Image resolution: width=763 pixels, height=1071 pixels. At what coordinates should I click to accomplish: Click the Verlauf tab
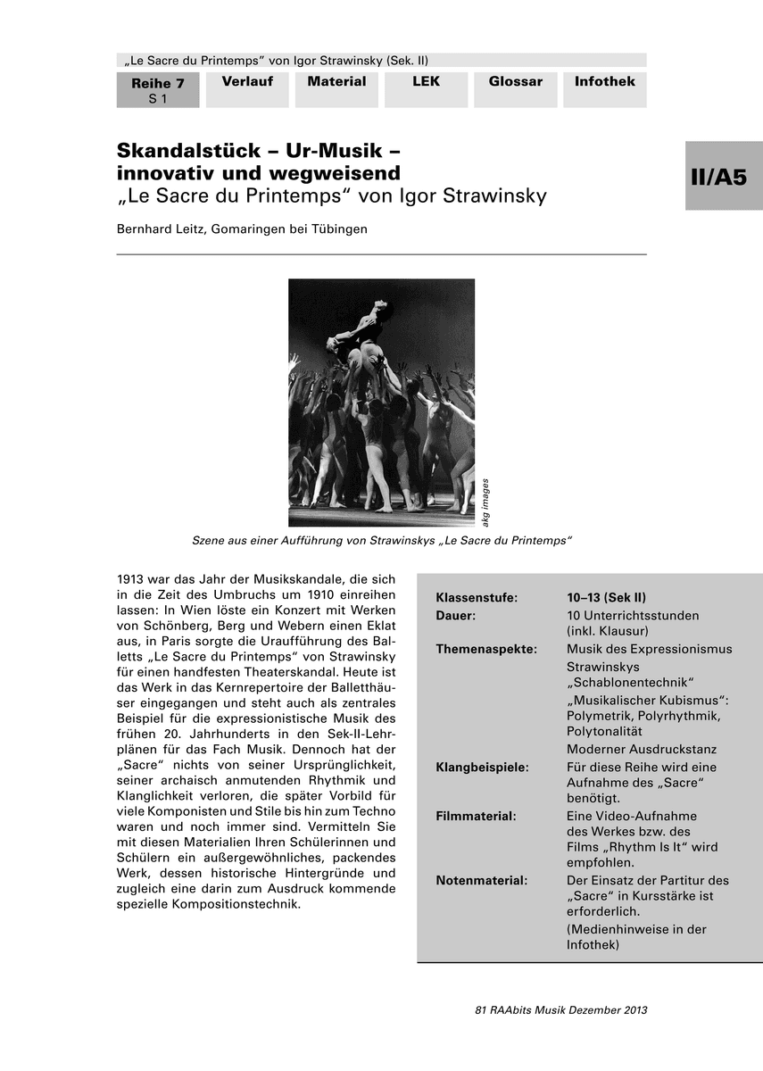click(247, 82)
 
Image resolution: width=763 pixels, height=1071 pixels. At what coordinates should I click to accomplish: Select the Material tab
click(336, 82)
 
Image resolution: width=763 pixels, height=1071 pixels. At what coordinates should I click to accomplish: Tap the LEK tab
click(426, 82)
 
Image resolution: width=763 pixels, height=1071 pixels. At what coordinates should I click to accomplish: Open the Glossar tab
click(515, 82)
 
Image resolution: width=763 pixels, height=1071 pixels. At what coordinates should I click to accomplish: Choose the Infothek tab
click(604, 82)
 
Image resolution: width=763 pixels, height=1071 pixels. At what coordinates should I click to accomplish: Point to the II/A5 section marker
click(723, 177)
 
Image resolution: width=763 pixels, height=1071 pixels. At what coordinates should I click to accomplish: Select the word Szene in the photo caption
click(211, 541)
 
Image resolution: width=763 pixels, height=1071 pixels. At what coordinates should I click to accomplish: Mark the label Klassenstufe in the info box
click(477, 598)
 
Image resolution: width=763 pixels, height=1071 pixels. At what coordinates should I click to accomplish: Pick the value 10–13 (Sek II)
click(606, 598)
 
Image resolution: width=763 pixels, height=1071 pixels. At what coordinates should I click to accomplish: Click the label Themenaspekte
click(485, 649)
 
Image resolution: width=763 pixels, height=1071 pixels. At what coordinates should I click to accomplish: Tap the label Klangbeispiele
click(482, 768)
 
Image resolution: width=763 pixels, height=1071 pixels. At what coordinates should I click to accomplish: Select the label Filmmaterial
click(476, 816)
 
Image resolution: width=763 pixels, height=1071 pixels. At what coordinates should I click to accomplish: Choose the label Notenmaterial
click(481, 880)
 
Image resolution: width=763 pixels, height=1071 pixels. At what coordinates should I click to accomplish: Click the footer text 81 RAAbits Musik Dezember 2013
click(561, 1010)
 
